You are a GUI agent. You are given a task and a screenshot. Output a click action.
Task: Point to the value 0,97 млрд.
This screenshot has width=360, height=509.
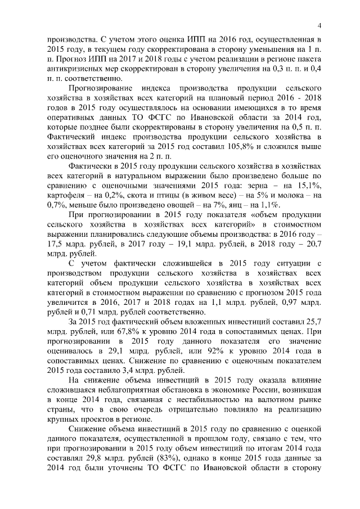295,304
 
